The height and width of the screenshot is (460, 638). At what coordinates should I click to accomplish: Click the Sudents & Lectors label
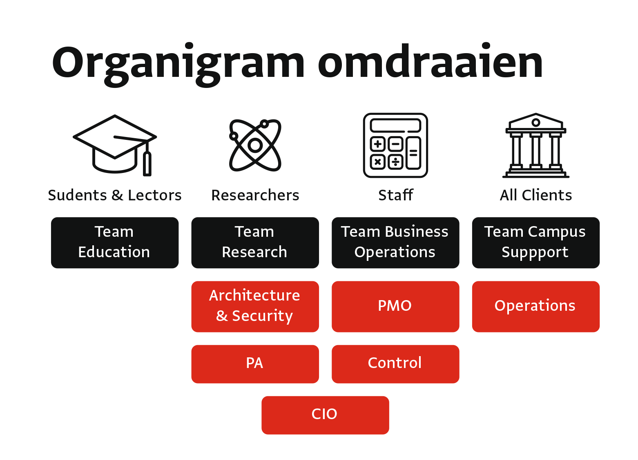click(x=115, y=195)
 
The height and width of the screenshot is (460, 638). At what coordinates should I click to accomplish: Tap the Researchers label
click(x=255, y=195)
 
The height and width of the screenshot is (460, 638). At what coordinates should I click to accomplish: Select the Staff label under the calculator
click(x=396, y=195)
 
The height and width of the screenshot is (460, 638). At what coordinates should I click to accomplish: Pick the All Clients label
click(x=536, y=195)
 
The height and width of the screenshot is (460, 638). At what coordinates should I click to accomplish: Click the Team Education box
click(x=115, y=243)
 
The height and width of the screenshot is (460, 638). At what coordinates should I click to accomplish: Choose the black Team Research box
click(x=255, y=243)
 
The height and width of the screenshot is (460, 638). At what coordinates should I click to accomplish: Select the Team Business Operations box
click(x=396, y=243)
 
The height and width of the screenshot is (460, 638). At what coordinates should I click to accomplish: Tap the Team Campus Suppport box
click(x=536, y=243)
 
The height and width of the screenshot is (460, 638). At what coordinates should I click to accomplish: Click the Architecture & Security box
click(x=255, y=307)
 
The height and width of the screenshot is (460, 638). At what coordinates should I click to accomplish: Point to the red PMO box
click(x=396, y=307)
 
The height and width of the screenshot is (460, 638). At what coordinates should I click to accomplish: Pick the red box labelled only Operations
click(x=536, y=307)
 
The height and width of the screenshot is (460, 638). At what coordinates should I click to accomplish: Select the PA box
click(x=255, y=364)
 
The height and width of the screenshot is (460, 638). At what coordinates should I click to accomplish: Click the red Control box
click(x=396, y=364)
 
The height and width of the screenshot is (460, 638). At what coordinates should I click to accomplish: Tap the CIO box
click(x=325, y=415)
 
